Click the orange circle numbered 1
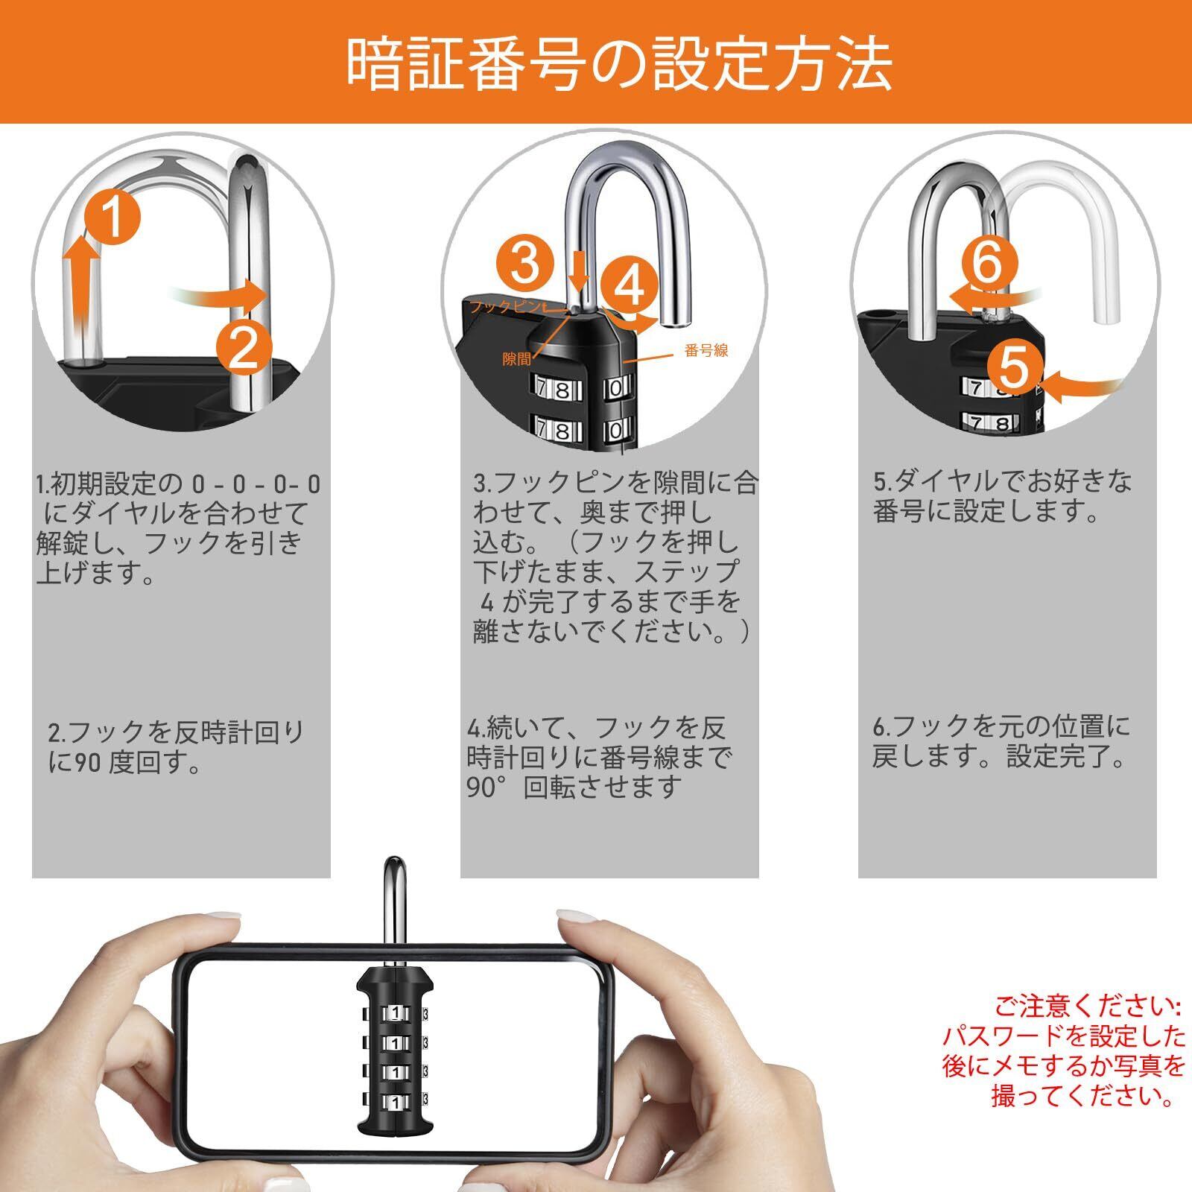click(x=112, y=215)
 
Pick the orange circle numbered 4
click(x=630, y=284)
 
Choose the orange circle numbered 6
click(x=988, y=262)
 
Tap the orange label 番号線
click(x=706, y=350)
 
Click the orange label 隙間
click(x=517, y=359)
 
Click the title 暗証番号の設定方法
click(x=620, y=64)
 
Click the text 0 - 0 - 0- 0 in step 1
click(x=256, y=484)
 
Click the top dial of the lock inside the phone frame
click(x=393, y=1013)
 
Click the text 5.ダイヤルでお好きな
click(x=1003, y=481)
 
